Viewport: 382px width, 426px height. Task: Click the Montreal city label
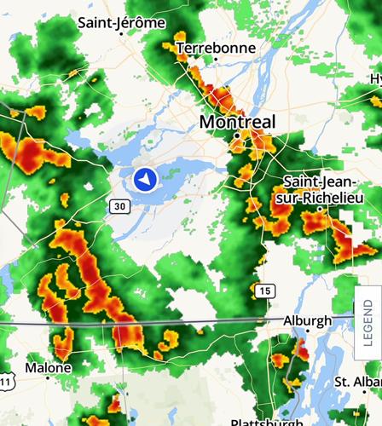tap(237, 123)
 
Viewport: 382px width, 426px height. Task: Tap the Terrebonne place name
tap(216, 49)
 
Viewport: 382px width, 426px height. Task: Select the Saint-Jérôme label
tap(121, 23)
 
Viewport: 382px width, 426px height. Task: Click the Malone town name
tap(49, 368)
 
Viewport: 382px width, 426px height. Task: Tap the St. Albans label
tap(356, 381)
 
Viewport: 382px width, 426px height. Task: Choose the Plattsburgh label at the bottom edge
tap(266, 422)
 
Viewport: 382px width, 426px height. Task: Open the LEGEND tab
tap(368, 323)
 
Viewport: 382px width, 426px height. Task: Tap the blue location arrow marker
tap(145, 180)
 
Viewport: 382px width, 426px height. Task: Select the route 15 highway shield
tap(265, 291)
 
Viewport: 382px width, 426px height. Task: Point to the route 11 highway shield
tap(5, 383)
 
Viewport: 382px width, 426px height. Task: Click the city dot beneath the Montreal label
tap(236, 136)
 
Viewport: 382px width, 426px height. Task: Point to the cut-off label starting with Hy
tap(375, 79)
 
